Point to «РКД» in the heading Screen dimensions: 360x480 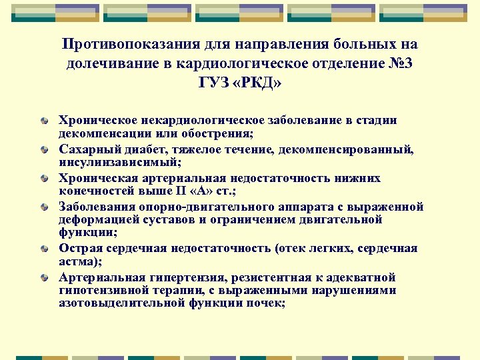click(x=256, y=83)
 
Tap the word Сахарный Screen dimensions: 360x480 click(x=84, y=150)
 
